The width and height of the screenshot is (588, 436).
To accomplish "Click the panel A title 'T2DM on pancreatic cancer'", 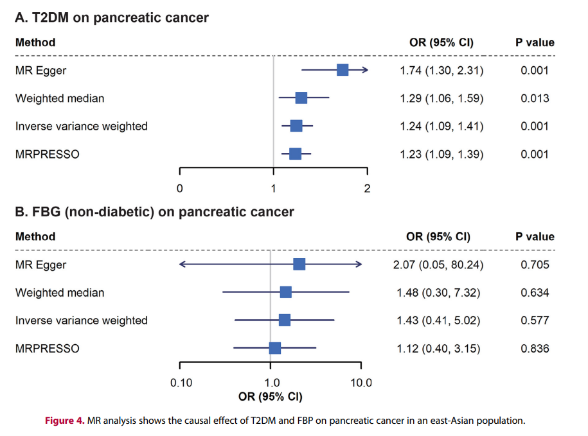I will tap(112, 18).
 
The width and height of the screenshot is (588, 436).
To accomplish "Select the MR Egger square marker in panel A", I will tap(343, 71).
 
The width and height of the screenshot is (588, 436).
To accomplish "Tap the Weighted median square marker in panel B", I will tap(286, 292).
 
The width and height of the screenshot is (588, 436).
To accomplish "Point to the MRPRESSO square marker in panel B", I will tap(275, 348).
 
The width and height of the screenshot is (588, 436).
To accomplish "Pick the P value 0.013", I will tap(535, 98).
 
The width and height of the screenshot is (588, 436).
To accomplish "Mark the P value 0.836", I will tap(535, 349).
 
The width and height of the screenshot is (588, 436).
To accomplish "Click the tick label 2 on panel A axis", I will tap(367, 188).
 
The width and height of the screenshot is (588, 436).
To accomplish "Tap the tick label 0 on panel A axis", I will tap(180, 188).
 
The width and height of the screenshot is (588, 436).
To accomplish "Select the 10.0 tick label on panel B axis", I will tap(361, 383).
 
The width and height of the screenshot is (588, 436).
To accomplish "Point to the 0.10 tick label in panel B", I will tap(181, 383).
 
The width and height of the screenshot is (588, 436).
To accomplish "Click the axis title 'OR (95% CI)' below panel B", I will tap(270, 396).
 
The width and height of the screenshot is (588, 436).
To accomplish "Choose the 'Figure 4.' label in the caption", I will tap(64, 421).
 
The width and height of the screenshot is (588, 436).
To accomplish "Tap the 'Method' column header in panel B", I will tap(35, 236).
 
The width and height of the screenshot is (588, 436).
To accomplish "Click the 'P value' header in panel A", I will tap(535, 43).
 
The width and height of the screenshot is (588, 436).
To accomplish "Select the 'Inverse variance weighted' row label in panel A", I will tap(82, 126).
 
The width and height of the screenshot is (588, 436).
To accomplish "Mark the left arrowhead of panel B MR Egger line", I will tap(182, 264).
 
